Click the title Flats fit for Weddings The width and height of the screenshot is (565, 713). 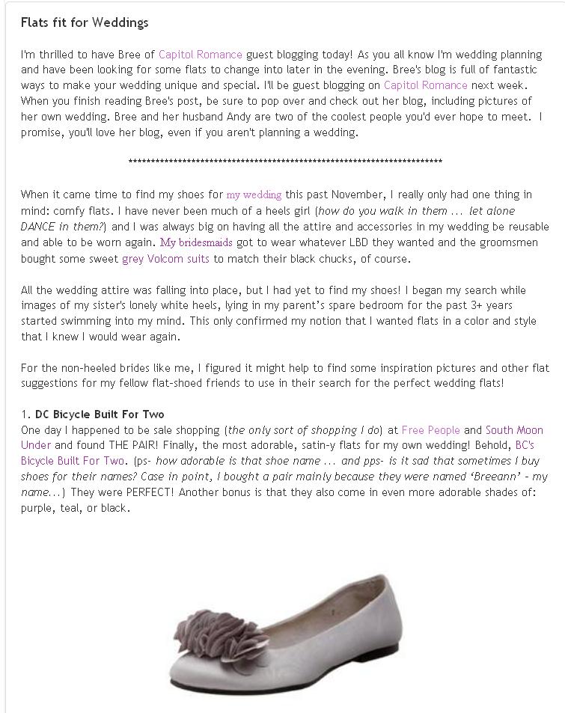point(85,22)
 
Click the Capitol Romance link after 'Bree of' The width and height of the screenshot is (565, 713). point(201,54)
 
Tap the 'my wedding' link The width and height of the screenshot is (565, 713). point(254,195)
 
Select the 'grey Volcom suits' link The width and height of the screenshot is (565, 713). point(166,259)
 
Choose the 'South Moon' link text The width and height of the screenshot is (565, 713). point(514,430)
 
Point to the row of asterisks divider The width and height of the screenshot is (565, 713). point(285,162)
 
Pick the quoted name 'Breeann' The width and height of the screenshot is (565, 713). point(486,477)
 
